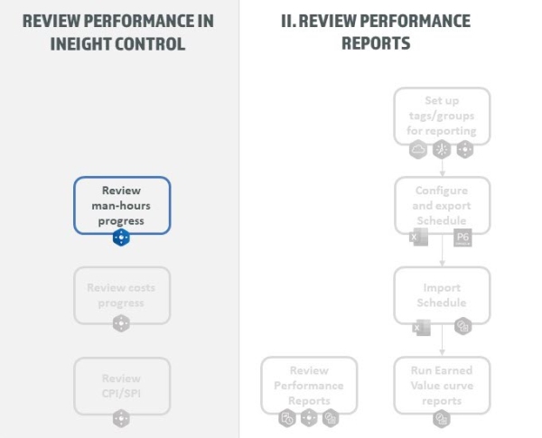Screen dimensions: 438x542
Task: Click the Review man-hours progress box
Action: (x=121, y=204)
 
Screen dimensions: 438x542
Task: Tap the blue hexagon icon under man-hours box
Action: (x=121, y=238)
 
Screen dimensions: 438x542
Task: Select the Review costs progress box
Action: (x=121, y=294)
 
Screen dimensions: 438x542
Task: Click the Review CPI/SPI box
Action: (x=121, y=385)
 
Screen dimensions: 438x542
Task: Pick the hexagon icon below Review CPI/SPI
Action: (x=121, y=418)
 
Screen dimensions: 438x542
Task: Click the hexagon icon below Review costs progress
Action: (x=121, y=323)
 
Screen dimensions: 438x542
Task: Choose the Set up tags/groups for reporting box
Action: (x=442, y=116)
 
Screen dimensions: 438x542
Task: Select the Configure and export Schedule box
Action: (x=442, y=205)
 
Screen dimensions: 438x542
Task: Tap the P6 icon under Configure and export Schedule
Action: (x=463, y=238)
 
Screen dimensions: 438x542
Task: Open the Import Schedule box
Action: (x=442, y=295)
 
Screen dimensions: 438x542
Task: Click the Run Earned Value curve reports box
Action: (x=442, y=386)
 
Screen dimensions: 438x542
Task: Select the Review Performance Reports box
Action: (x=309, y=386)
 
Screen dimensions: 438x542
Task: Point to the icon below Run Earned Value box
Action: (x=442, y=418)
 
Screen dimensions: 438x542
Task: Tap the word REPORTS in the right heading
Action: (x=376, y=42)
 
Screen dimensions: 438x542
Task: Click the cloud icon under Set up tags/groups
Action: (x=419, y=150)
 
